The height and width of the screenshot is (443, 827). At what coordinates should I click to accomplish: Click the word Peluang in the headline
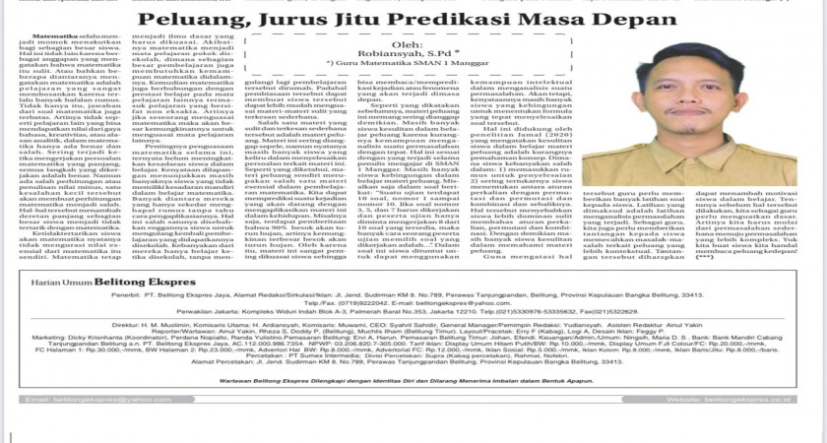click(x=184, y=22)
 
